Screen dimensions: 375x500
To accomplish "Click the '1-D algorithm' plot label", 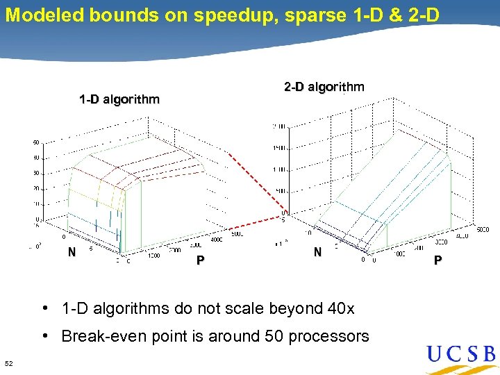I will point(119,99).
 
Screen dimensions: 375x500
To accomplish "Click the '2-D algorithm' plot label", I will point(324,87).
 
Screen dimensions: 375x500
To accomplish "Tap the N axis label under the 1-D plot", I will point(72,253).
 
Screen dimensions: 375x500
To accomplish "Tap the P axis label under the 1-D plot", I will point(200,260).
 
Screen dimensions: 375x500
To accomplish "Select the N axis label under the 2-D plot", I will point(317,253).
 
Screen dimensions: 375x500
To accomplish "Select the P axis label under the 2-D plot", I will point(437,260).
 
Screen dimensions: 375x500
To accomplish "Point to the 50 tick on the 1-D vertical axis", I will point(35,142).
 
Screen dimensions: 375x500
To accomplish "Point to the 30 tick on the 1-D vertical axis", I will point(35,173).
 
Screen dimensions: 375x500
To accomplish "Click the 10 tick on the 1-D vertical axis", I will point(35,204).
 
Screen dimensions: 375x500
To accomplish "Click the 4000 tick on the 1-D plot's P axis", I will point(217,240).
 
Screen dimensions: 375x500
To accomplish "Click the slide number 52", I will point(9,363).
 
